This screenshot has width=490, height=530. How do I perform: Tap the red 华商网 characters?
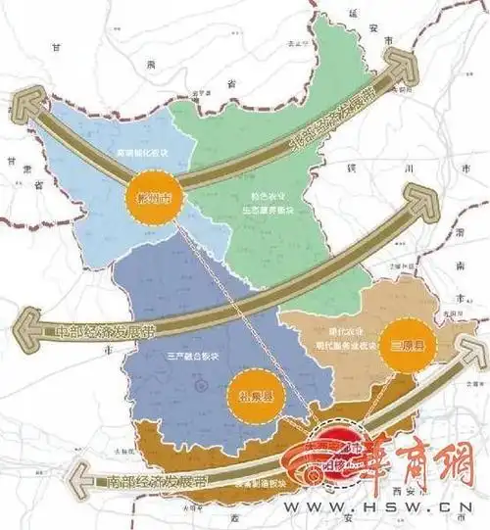click(x=421, y=452)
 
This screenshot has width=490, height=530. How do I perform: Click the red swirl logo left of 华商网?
click(x=338, y=452)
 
